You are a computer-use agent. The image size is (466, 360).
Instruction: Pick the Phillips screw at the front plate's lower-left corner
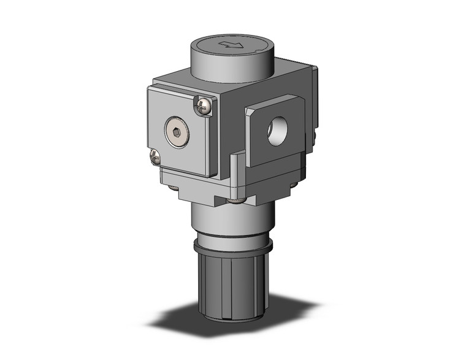[155, 158]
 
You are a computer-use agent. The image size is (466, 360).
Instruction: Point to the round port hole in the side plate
[273, 133]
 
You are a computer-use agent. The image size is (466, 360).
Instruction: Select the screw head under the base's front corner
[234, 199]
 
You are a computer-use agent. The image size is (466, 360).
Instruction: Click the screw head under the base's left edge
[174, 187]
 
